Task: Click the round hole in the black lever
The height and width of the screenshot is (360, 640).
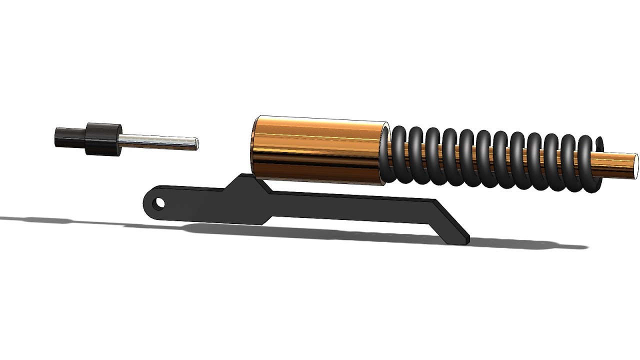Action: tap(159, 203)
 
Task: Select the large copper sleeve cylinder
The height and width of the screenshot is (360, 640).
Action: tap(320, 150)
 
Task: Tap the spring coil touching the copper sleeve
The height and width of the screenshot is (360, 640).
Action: tap(398, 155)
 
